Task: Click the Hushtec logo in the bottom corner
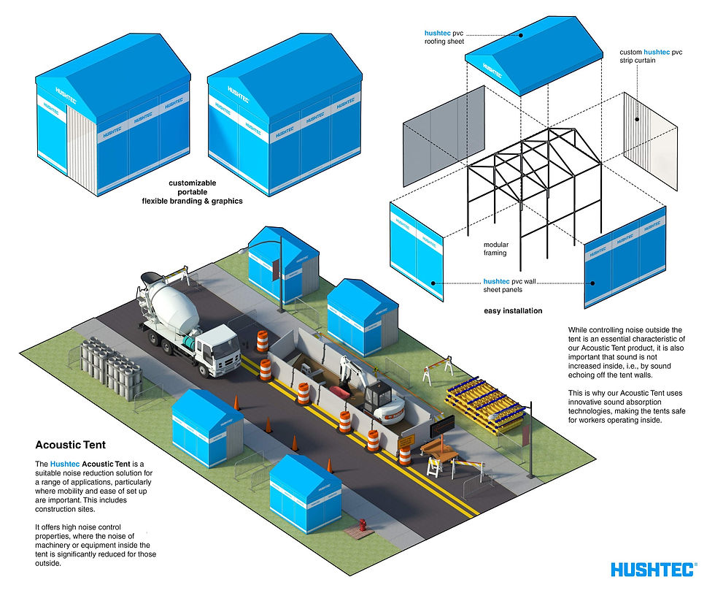pyautogui.click(x=654, y=570)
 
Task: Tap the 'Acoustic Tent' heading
pyautogui.click(x=70, y=445)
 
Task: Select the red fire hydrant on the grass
pyautogui.click(x=363, y=524)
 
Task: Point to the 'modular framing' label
pyautogui.click(x=495, y=249)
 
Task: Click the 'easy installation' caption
pyautogui.click(x=513, y=311)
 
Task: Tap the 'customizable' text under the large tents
pyautogui.click(x=193, y=183)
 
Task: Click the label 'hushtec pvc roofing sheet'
pyautogui.click(x=444, y=37)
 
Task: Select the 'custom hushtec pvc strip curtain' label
pyautogui.click(x=651, y=56)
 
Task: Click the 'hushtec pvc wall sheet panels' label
pyautogui.click(x=509, y=286)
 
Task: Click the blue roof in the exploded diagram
pyautogui.click(x=534, y=55)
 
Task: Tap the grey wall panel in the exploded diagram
pyautogui.click(x=444, y=136)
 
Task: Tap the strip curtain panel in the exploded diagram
pyautogui.click(x=650, y=141)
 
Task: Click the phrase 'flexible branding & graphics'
pyautogui.click(x=193, y=201)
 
